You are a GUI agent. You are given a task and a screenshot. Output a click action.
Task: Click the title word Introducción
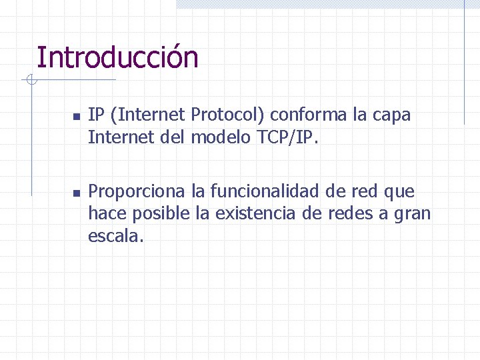[x=117, y=57]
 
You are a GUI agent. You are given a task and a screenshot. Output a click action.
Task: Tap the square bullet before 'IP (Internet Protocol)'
[x=76, y=117]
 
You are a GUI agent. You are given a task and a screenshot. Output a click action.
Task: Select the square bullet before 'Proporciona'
[x=76, y=193]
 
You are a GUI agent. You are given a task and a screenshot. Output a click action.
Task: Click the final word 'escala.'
[x=115, y=236]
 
